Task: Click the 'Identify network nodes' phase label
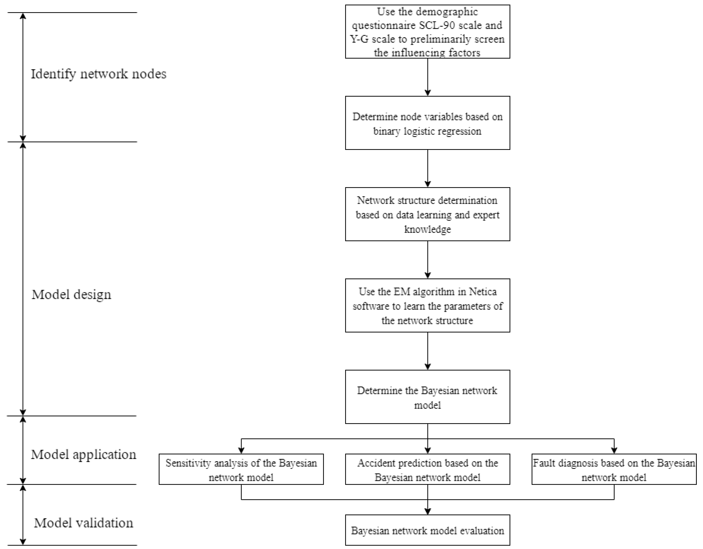pyautogui.click(x=98, y=74)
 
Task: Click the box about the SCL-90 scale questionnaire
pyautogui.click(x=427, y=32)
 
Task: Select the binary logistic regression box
pyautogui.click(x=427, y=123)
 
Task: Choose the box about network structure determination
pyautogui.click(x=427, y=214)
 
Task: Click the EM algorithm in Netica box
pyautogui.click(x=427, y=306)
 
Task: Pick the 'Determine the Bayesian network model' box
pyautogui.click(x=427, y=397)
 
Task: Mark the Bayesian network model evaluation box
pyautogui.click(x=427, y=531)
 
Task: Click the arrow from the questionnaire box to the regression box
pyautogui.click(x=427, y=77)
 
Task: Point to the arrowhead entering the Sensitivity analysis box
pyautogui.click(x=241, y=451)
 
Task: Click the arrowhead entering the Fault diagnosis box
pyautogui.click(x=614, y=451)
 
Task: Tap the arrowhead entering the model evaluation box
pyautogui.click(x=427, y=511)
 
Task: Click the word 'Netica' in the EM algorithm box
pyautogui.click(x=483, y=292)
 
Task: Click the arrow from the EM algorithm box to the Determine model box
pyautogui.click(x=427, y=351)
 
